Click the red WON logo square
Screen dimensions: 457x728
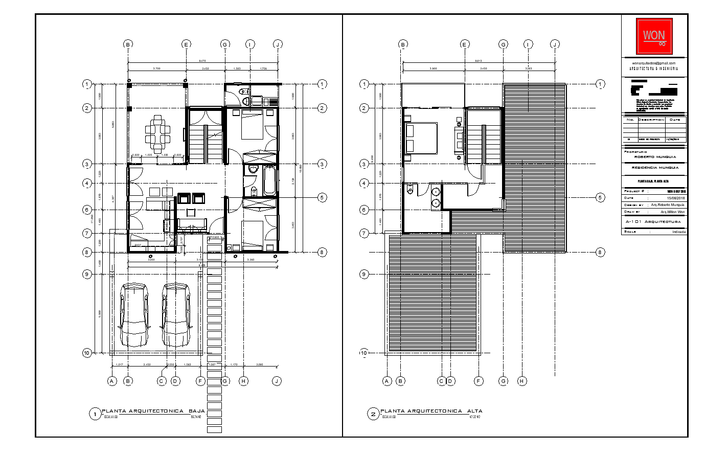coord(654,36)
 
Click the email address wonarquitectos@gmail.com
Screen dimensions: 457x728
coord(654,63)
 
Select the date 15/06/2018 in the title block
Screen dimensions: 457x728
coord(676,198)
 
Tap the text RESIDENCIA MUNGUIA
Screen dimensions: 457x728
coord(655,168)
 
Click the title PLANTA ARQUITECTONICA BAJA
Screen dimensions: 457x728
coord(153,411)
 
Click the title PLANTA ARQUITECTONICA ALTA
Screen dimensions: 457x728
coord(431,411)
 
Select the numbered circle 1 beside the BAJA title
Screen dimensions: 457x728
coord(95,414)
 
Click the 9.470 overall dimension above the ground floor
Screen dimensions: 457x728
coord(202,61)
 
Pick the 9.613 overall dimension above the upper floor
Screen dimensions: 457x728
coord(479,61)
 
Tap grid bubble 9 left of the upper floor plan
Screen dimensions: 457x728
coord(364,274)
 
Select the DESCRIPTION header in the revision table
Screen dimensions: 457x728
coord(651,120)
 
